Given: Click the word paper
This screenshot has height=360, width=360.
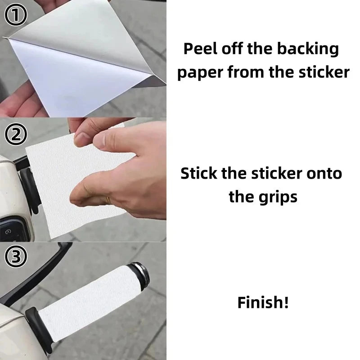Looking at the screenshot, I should (198, 72).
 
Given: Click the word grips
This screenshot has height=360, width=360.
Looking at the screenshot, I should (276, 197).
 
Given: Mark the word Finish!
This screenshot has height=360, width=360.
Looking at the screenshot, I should (263, 302).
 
